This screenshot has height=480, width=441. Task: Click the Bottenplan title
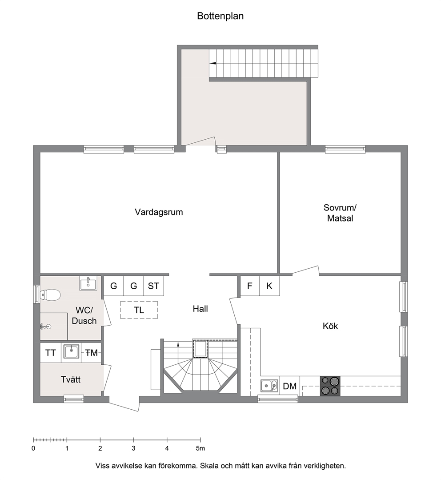pyautogui.click(x=220, y=16)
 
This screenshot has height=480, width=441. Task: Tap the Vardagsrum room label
pyautogui.click(x=159, y=212)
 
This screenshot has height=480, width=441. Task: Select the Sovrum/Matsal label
pyautogui.click(x=340, y=213)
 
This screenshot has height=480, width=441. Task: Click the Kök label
pyautogui.click(x=330, y=326)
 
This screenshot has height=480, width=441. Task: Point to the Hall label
pyautogui.click(x=200, y=309)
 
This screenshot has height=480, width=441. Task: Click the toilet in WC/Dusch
pyautogui.click(x=51, y=295)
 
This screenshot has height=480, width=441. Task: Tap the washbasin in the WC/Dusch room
pyautogui.click(x=88, y=283)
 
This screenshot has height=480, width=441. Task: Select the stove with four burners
pyautogui.click(x=330, y=386)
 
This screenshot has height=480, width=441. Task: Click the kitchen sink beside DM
pyautogui.click(x=269, y=386)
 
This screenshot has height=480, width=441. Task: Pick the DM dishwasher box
pyautogui.click(x=289, y=386)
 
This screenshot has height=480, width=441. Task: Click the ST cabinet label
pyautogui.click(x=153, y=286)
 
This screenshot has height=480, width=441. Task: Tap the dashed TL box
pyautogui.click(x=139, y=310)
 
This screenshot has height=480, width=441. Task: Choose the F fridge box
pyautogui.click(x=250, y=286)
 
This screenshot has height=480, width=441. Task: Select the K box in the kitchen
pyautogui.click(x=269, y=286)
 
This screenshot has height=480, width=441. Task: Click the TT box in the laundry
pyautogui.click(x=51, y=353)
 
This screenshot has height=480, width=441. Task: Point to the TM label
pyautogui.click(x=91, y=353)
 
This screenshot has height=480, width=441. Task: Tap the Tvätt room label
pyautogui.click(x=71, y=379)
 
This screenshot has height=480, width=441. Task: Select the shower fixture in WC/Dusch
pyautogui.click(x=45, y=327)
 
